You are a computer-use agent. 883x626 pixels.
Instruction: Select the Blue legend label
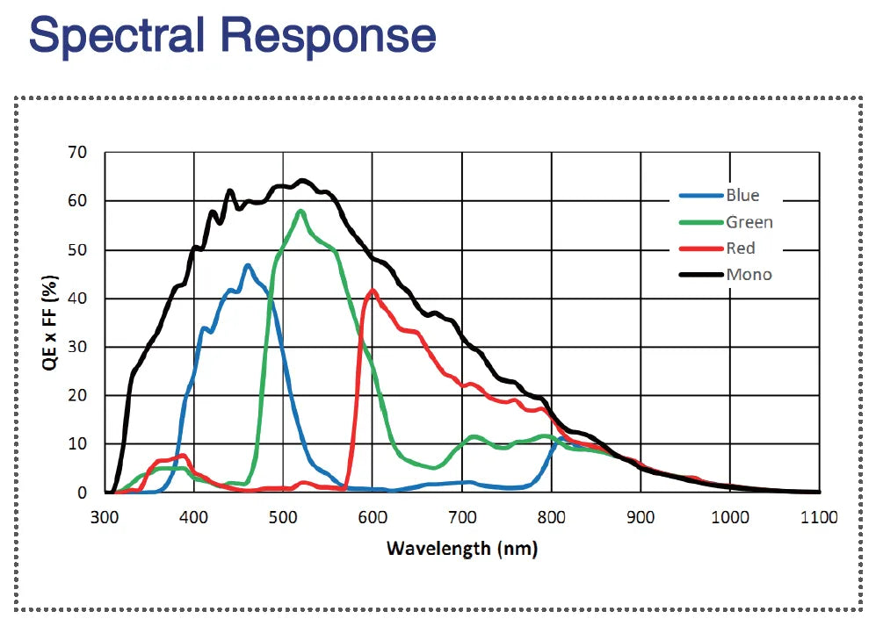[x=742, y=195]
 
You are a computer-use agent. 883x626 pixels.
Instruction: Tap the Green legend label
[x=749, y=221]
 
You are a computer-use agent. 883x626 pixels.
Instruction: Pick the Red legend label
[x=741, y=248]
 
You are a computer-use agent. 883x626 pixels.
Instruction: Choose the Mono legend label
[x=749, y=274]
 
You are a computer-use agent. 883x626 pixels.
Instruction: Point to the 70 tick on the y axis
[x=78, y=153]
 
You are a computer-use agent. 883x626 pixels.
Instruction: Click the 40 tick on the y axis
[x=78, y=299]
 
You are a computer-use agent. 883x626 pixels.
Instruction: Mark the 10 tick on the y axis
[x=78, y=444]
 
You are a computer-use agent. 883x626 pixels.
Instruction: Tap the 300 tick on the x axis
[x=105, y=517]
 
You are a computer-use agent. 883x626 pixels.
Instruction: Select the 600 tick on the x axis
[x=373, y=517]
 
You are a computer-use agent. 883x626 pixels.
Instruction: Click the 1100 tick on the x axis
[x=819, y=517]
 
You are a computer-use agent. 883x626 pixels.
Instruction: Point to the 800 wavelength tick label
[x=552, y=517]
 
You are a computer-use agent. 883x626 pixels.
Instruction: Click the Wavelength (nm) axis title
[x=461, y=550]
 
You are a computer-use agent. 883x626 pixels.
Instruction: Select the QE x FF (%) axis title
[x=52, y=323]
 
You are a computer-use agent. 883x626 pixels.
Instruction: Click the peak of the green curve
[x=300, y=211]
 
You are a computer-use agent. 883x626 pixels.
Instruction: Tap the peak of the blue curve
[x=248, y=264]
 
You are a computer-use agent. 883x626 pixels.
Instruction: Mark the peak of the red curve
[x=373, y=290]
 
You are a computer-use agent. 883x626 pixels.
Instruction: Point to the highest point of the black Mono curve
[x=302, y=181]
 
